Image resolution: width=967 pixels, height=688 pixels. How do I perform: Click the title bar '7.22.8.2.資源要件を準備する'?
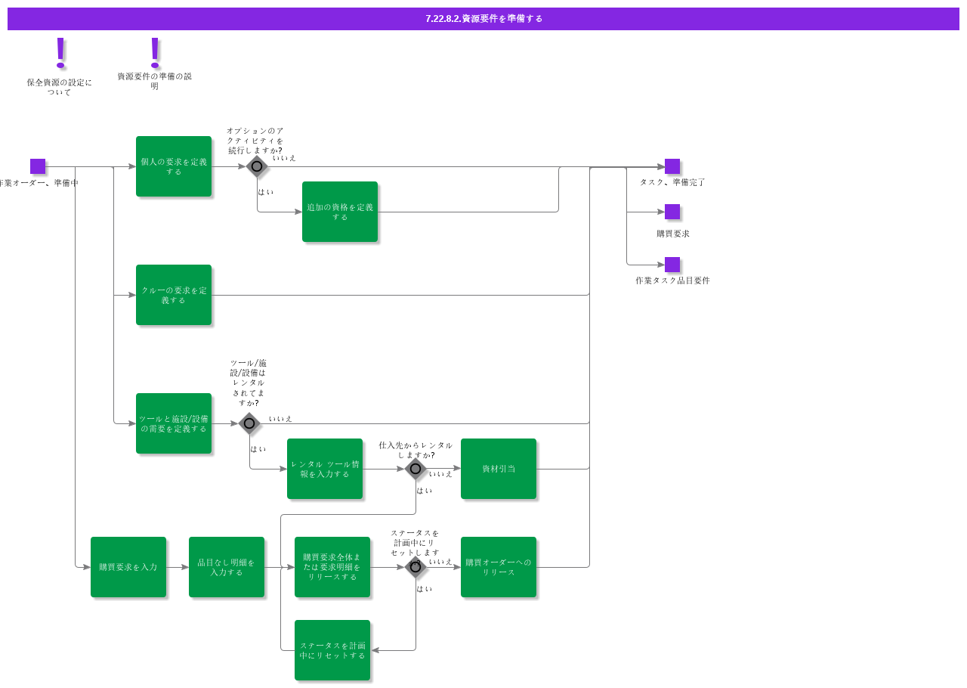[483, 19]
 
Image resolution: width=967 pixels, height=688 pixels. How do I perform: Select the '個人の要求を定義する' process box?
[174, 166]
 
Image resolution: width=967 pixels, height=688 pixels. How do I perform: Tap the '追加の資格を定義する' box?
[340, 212]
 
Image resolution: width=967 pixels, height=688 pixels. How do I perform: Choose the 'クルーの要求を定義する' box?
[174, 295]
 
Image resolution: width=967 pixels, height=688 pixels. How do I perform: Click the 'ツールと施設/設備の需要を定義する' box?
[174, 423]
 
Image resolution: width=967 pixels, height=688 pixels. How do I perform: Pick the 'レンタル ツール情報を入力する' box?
[325, 469]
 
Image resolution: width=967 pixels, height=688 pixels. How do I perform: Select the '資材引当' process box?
[499, 469]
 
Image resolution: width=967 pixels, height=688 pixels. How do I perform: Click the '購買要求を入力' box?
[128, 567]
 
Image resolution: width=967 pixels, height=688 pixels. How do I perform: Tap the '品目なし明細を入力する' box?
[227, 567]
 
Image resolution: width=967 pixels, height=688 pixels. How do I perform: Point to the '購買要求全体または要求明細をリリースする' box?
[332, 567]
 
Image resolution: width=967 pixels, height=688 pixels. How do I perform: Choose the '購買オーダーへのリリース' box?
[499, 567]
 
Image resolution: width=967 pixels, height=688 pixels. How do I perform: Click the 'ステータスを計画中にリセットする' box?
[332, 650]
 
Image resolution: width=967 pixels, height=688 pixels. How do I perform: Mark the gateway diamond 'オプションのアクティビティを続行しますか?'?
[257, 166]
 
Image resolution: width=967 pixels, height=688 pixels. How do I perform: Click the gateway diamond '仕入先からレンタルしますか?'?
[416, 469]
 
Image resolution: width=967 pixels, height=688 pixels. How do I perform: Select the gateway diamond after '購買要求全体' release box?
[416, 567]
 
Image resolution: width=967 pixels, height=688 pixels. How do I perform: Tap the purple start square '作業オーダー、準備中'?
[38, 166]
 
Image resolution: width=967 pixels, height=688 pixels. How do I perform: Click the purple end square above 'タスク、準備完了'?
[672, 166]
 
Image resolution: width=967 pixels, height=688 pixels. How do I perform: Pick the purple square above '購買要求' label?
[672, 212]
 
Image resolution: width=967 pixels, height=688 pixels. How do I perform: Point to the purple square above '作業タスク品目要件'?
[672, 265]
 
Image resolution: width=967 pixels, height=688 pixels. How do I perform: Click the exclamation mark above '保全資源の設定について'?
[60, 53]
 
